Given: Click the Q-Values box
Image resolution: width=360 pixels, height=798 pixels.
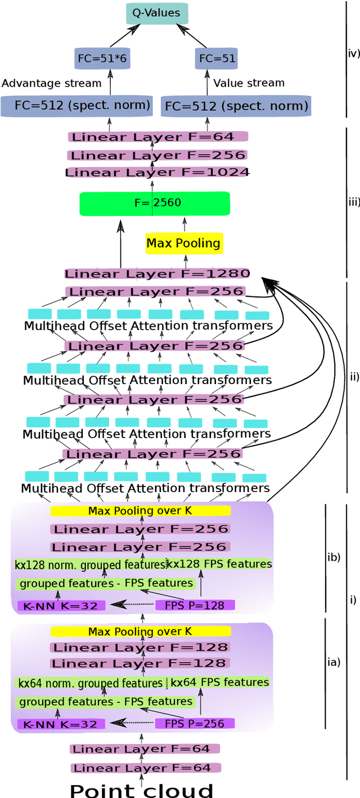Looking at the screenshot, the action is pyautogui.click(x=148, y=13).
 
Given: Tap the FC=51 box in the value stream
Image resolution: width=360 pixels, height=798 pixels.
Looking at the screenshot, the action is pyautogui.click(x=216, y=58).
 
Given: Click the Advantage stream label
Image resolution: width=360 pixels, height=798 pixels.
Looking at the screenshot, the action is pyautogui.click(x=52, y=83).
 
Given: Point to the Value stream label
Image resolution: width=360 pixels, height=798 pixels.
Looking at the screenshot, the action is pyautogui.click(x=249, y=83).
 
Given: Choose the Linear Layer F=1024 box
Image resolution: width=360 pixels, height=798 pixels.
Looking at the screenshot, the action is pyautogui.click(x=157, y=173).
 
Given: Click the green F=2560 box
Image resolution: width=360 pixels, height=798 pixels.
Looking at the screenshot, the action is pyautogui.click(x=155, y=203).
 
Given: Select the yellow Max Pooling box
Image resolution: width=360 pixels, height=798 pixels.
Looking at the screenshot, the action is pyautogui.click(x=183, y=244).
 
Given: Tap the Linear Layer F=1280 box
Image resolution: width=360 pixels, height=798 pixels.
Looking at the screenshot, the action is pyautogui.click(x=157, y=274).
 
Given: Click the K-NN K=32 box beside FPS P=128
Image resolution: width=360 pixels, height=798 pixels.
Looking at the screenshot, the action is pyautogui.click(x=61, y=606).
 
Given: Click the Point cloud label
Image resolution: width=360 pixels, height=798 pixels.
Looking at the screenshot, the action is pyautogui.click(x=142, y=790).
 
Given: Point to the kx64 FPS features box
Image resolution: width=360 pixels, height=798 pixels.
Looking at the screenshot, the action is pyautogui.click(x=220, y=682).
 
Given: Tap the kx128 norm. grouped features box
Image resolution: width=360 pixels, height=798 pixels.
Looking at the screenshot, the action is pyautogui.click(x=90, y=565).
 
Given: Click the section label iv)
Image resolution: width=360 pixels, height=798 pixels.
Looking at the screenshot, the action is pyautogui.click(x=354, y=55).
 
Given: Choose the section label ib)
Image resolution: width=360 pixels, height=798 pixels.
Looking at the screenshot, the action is pyautogui.click(x=334, y=558).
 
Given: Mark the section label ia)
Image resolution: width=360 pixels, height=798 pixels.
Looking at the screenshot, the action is pyautogui.click(x=334, y=662).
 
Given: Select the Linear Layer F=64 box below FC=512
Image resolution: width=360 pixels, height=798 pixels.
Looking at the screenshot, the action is pyautogui.click(x=157, y=137).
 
